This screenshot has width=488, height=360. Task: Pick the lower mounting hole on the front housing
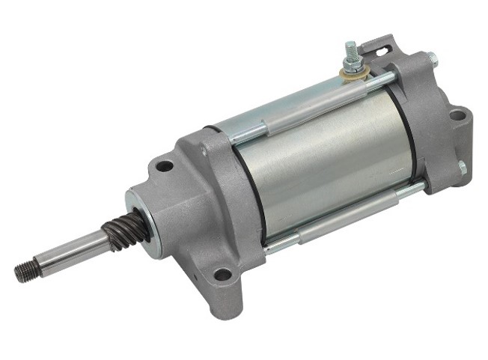(x=222, y=274)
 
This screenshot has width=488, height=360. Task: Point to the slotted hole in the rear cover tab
(x=383, y=51)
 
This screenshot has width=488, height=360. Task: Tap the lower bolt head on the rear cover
(x=462, y=167)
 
